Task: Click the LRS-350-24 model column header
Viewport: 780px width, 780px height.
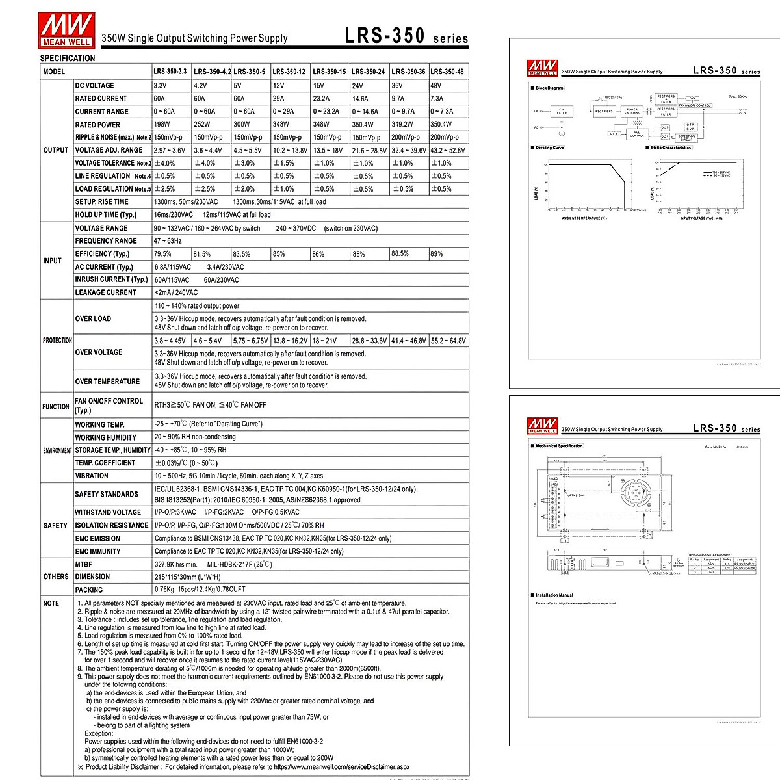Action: click(x=368, y=71)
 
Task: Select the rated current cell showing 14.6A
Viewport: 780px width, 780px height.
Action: click(x=360, y=99)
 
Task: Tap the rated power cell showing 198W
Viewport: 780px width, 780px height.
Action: click(x=162, y=125)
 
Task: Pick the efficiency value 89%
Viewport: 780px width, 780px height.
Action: click(x=436, y=254)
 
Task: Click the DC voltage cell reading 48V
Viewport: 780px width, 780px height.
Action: click(x=435, y=86)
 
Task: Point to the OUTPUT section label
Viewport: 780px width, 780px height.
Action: click(x=56, y=150)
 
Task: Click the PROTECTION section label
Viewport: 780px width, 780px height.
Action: click(x=57, y=341)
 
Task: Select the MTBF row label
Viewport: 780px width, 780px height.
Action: click(x=83, y=564)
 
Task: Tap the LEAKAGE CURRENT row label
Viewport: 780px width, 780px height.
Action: click(x=105, y=292)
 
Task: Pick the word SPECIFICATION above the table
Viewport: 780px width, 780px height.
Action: click(x=68, y=58)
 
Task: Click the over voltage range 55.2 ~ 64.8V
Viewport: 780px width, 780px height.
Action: click(x=448, y=341)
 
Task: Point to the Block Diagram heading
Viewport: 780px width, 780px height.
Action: click(x=550, y=88)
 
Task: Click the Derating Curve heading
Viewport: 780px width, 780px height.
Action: click(x=550, y=148)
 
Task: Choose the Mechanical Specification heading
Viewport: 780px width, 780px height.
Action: click(x=559, y=446)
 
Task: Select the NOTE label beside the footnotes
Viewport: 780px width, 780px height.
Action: click(x=51, y=603)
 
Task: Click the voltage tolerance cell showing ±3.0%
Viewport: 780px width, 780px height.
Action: click(x=244, y=163)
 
